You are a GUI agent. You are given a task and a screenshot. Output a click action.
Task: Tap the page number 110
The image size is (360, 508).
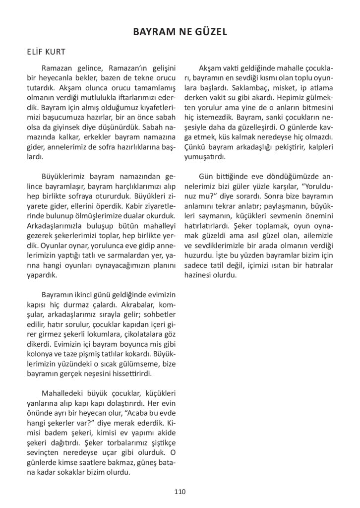click(180, 492)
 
